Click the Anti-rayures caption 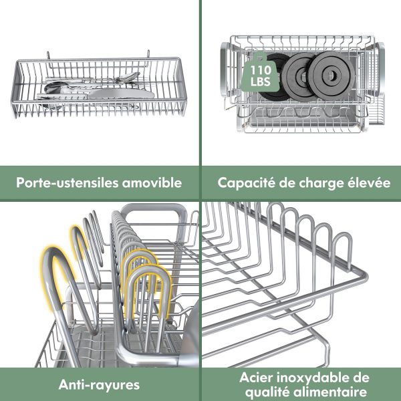[99, 385]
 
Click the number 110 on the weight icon [261, 70]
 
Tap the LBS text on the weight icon [261, 82]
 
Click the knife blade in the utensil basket [121, 94]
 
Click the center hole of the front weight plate [331, 75]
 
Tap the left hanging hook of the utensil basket [48, 55]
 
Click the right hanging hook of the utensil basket [148, 54]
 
